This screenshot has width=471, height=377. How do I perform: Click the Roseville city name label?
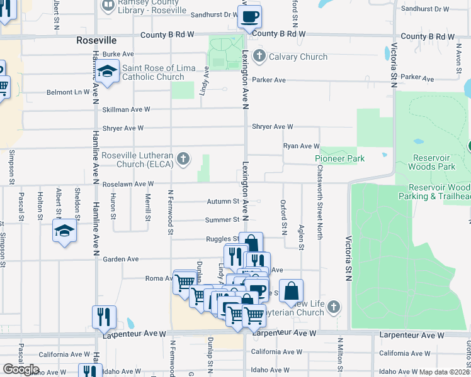[96, 40]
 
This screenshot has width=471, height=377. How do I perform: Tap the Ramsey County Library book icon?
[108, 6]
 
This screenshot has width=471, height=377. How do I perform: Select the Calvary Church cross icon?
[258, 57]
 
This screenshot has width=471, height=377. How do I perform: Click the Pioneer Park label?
[340, 159]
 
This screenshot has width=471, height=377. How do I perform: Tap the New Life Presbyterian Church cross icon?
[334, 308]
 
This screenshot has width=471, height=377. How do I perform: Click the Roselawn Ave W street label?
[128, 184]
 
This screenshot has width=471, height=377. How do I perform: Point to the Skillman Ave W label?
[126, 109]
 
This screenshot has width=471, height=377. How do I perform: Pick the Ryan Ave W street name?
[302, 146]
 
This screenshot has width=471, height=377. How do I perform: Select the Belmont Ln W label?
[68, 92]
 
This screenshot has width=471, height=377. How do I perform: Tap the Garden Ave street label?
[121, 259]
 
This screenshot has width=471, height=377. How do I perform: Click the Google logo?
[21, 369]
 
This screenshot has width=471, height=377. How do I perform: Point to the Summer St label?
[222, 220]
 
